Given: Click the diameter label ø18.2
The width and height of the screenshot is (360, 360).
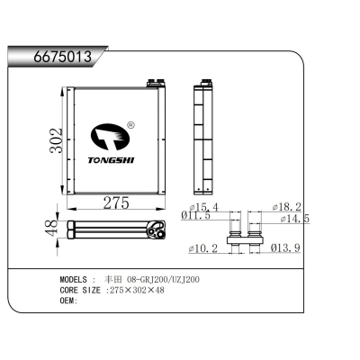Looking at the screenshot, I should [287, 207].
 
